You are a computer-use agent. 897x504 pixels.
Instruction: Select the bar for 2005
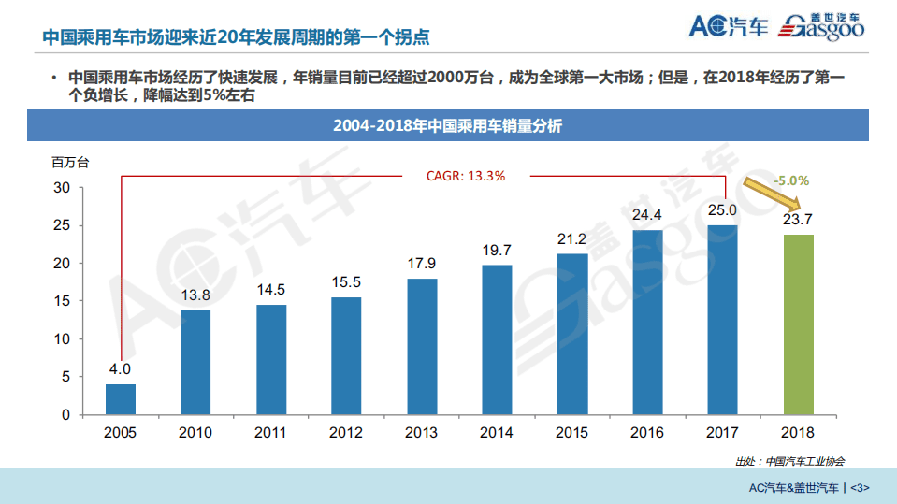click(121, 399)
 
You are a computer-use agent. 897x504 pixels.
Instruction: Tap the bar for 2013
click(422, 346)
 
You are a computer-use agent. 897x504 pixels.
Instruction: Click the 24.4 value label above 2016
click(647, 215)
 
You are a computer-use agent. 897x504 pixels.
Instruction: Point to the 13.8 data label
click(195, 295)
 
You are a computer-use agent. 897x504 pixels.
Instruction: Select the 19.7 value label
click(497, 250)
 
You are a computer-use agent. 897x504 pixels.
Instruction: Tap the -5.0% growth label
click(790, 180)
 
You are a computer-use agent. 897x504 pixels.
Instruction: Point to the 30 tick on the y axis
click(61, 188)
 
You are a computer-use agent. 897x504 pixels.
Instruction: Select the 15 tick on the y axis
click(61, 301)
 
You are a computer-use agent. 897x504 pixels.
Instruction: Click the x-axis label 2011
click(271, 433)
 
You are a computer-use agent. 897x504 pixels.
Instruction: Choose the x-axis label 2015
click(571, 433)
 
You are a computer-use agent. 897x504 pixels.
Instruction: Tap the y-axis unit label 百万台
click(70, 162)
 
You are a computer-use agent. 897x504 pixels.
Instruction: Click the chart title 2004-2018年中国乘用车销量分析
click(448, 126)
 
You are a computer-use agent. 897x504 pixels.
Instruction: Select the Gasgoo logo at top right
click(822, 27)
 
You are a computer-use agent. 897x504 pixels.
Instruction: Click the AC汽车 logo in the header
click(728, 26)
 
